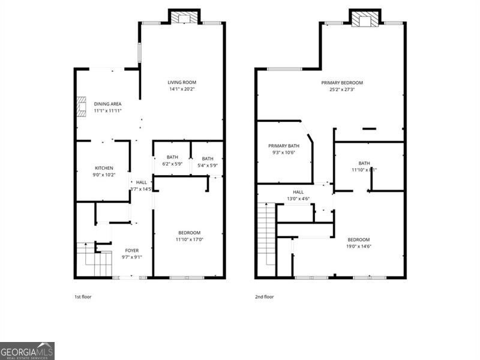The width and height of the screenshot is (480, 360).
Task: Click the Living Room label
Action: pyautogui.click(x=182, y=82)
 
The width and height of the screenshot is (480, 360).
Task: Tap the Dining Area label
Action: pyautogui.click(x=107, y=104)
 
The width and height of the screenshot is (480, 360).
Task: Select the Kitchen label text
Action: pyautogui.click(x=104, y=168)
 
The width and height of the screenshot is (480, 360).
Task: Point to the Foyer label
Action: pyautogui.click(x=131, y=250)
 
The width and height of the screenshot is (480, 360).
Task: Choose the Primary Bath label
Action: pyautogui.click(x=283, y=146)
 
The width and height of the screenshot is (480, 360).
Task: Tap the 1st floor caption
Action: pyautogui.click(x=83, y=296)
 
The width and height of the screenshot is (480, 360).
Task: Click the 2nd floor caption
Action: pyautogui.click(x=264, y=296)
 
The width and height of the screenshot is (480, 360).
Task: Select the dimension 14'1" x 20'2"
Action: pyautogui.click(x=182, y=89)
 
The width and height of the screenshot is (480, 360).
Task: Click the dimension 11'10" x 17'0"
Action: pyautogui.click(x=189, y=239)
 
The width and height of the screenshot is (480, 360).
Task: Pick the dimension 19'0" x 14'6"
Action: pyautogui.click(x=358, y=246)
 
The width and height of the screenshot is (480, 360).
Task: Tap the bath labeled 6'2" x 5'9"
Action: pyautogui.click(x=173, y=161)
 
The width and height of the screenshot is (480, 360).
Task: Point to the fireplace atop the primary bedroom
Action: pyautogui.click(x=365, y=19)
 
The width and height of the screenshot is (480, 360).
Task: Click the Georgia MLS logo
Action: pyautogui.click(x=27, y=350)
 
